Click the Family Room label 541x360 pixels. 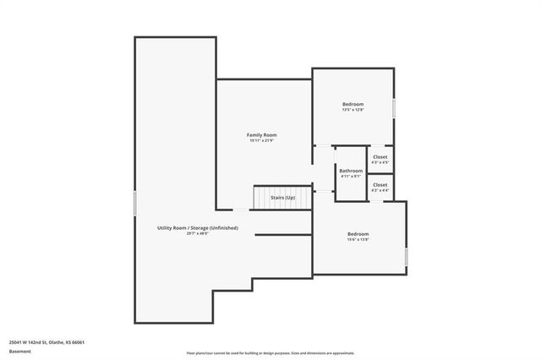pyautogui.click(x=261, y=135)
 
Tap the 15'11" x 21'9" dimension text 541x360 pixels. pyautogui.click(x=261, y=141)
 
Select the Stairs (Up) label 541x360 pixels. pyautogui.click(x=282, y=197)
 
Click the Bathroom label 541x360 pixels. pyautogui.click(x=351, y=171)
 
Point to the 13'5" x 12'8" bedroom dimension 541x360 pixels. pyautogui.click(x=352, y=109)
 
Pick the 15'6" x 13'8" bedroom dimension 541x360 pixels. pyautogui.click(x=358, y=240)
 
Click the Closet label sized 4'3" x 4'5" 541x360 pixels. pyautogui.click(x=380, y=157)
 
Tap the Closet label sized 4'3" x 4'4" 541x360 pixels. pyautogui.click(x=380, y=184)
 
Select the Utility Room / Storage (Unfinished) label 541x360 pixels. pyautogui.click(x=197, y=227)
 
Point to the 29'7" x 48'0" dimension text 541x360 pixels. pyautogui.click(x=197, y=233)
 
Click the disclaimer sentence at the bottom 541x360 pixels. pyautogui.click(x=270, y=352)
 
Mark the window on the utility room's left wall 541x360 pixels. pyautogui.click(x=134, y=204)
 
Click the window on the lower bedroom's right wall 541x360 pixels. pyautogui.click(x=407, y=255)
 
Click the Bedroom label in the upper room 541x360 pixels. pyautogui.click(x=352, y=103)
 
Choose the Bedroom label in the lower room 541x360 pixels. pyautogui.click(x=358, y=234)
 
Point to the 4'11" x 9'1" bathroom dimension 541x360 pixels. pyautogui.click(x=351, y=177)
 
